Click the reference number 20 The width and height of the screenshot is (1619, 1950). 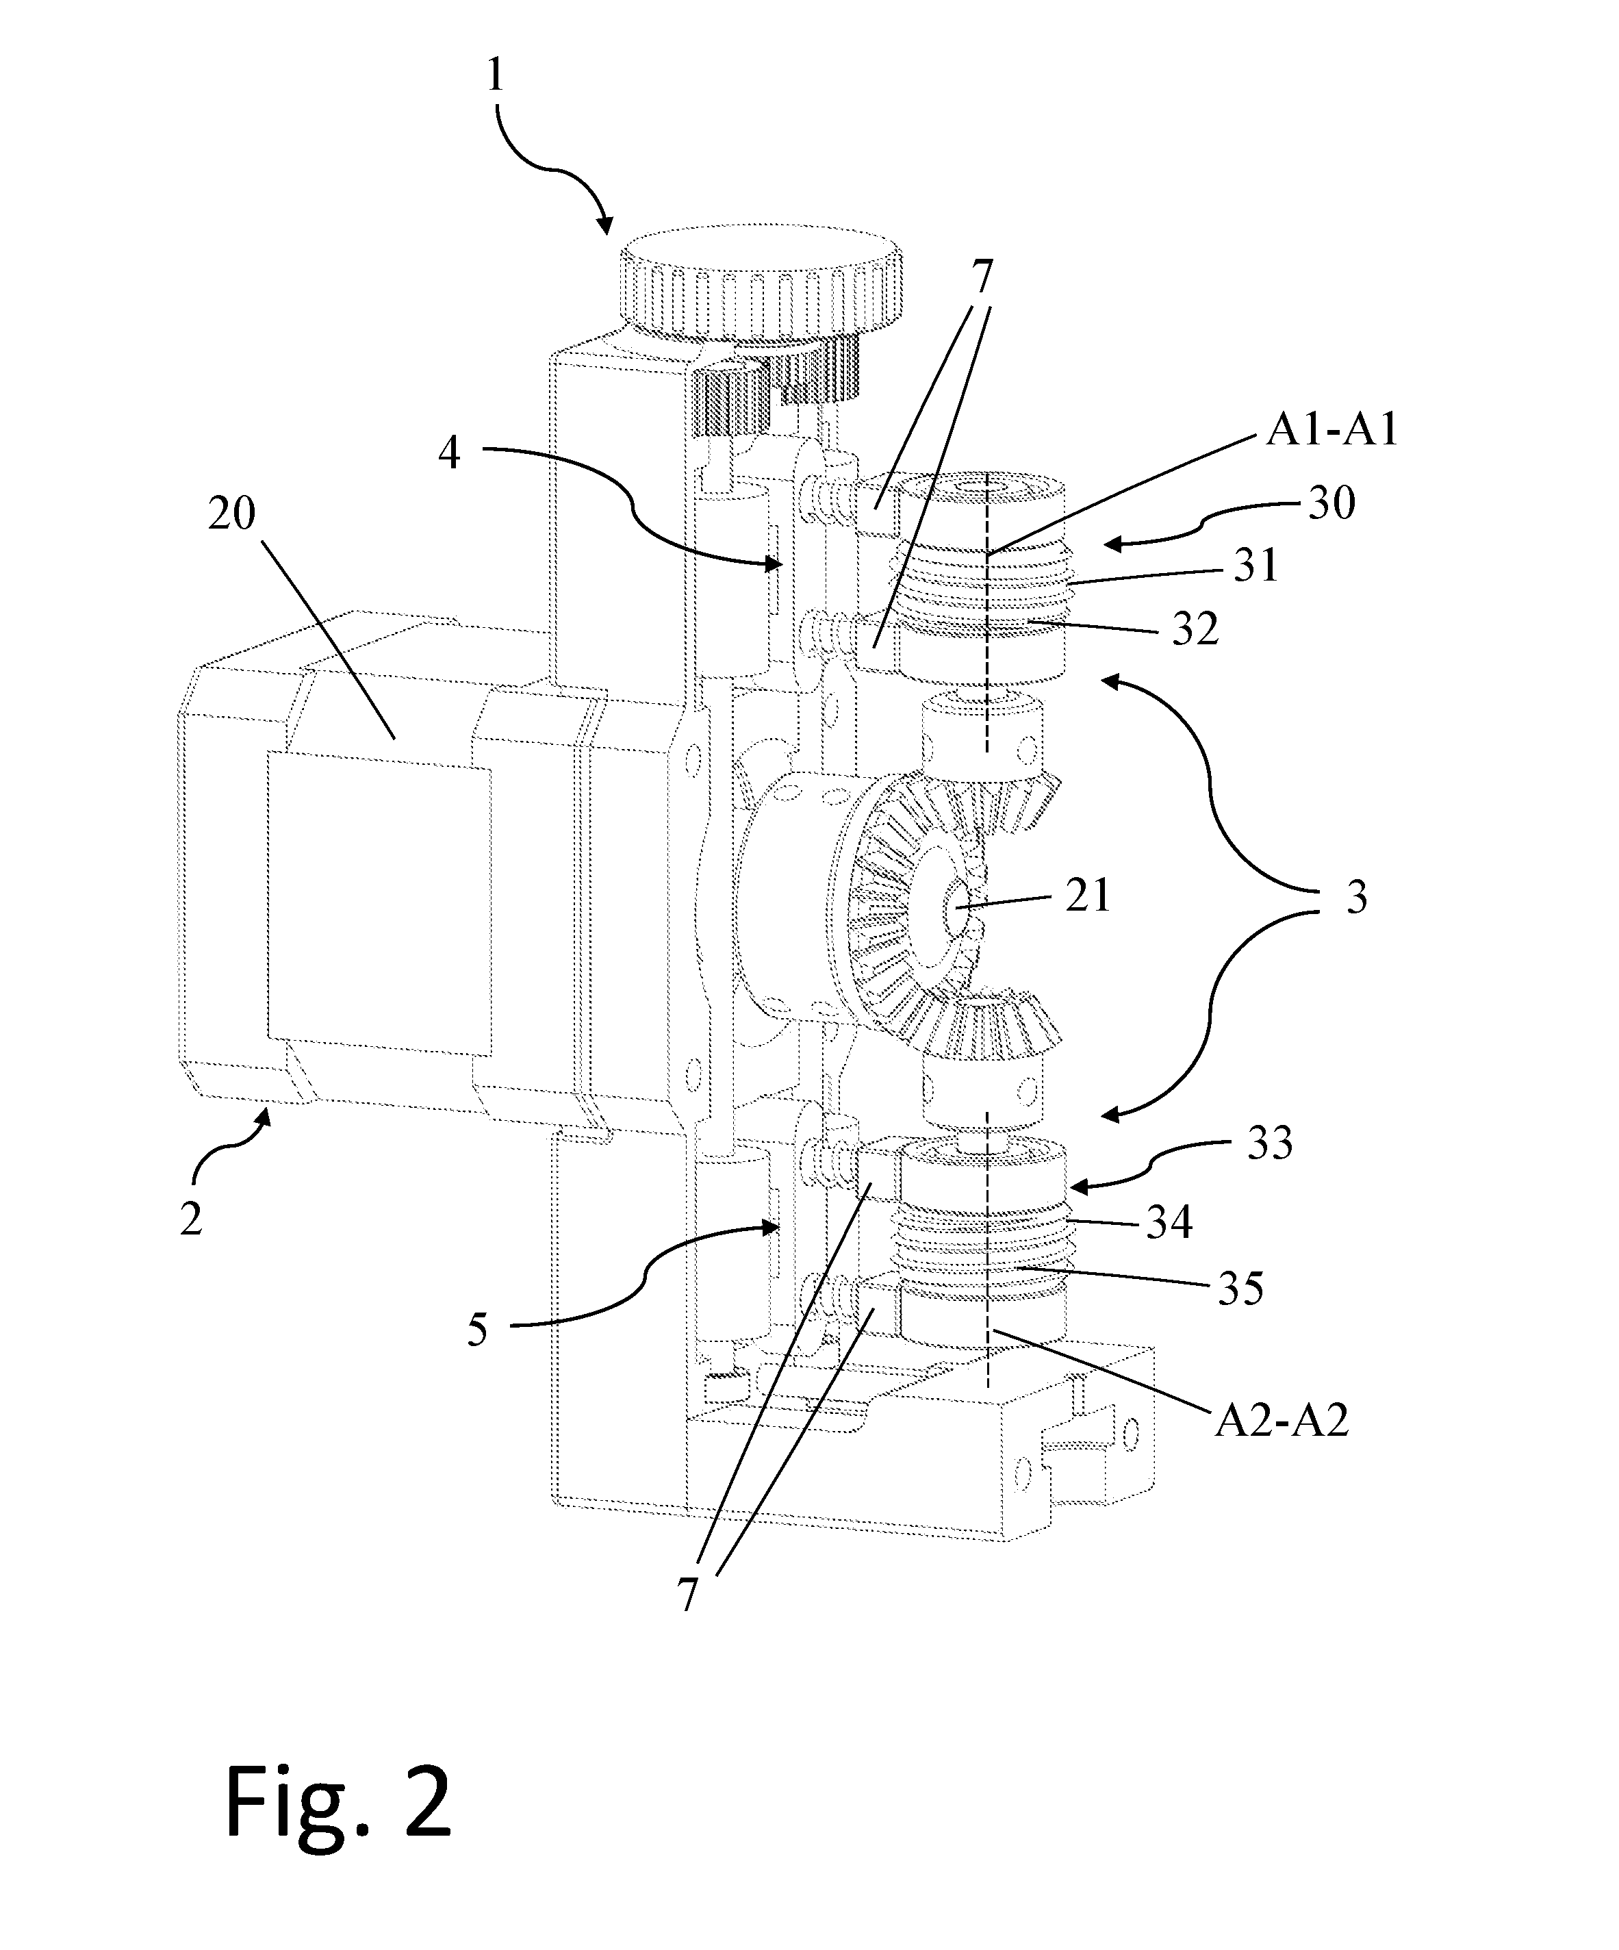coord(231,514)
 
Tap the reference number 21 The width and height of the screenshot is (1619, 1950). coord(1088,897)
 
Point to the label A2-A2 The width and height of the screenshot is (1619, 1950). coord(1281,1420)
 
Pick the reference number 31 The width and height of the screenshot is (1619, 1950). coord(1256,566)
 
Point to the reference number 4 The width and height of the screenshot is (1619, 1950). coord(449,454)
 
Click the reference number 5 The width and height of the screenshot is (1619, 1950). coord(477,1330)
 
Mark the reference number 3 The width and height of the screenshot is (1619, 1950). coord(1356,898)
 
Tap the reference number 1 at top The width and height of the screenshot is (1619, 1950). coord(495,75)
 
